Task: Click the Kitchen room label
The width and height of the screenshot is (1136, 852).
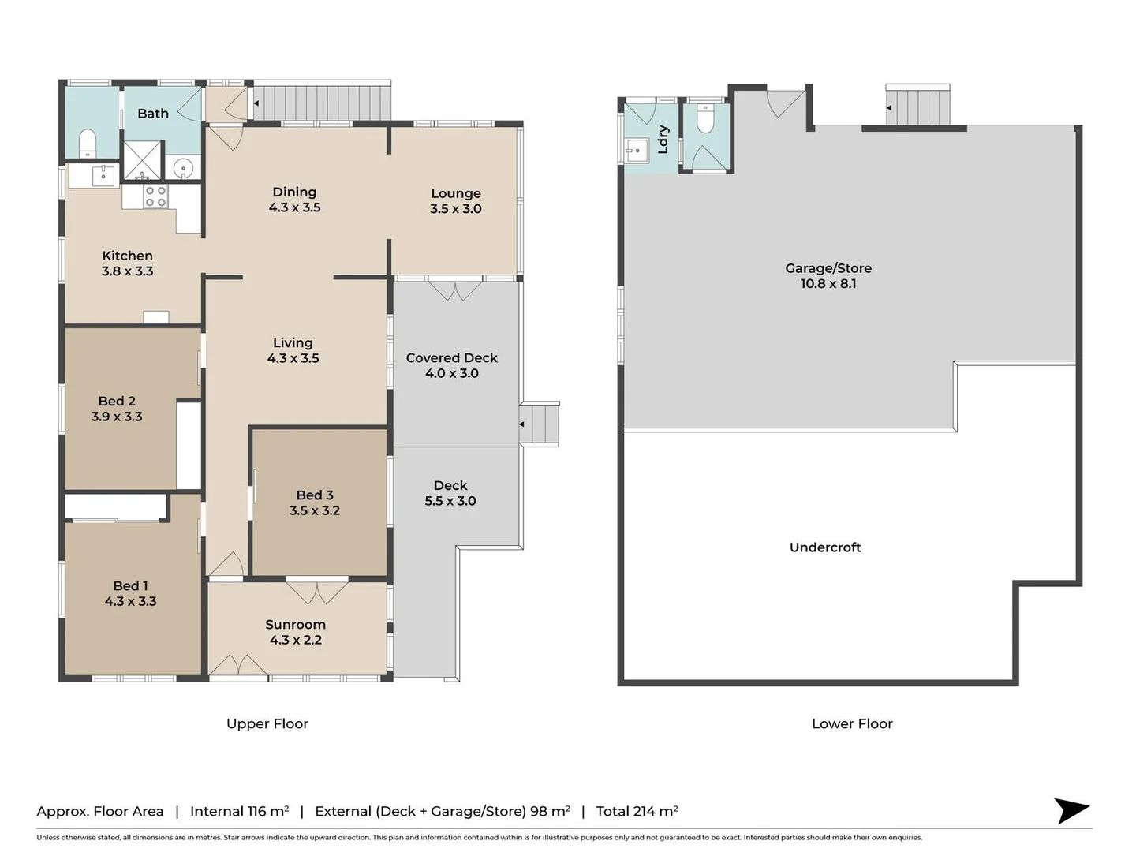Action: tap(127, 256)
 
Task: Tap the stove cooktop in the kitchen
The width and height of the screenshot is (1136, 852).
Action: tap(155, 196)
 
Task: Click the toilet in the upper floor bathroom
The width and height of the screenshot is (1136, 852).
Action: tap(87, 144)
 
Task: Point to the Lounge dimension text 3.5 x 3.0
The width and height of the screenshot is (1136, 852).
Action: tap(455, 209)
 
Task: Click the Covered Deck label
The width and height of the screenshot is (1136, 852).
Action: tap(451, 358)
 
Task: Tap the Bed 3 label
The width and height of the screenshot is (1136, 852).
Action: tap(314, 495)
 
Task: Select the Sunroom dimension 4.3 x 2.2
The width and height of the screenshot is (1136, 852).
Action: tap(295, 640)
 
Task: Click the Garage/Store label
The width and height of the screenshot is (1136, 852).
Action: tap(828, 268)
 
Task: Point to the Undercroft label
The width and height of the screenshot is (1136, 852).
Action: tap(824, 547)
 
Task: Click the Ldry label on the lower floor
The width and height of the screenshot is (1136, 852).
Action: tap(663, 139)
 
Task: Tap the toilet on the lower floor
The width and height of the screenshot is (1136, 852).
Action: tap(705, 119)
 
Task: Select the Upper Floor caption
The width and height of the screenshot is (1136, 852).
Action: tap(267, 723)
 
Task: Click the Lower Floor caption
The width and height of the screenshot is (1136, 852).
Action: tap(851, 723)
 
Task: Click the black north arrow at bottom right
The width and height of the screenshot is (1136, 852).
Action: tap(1071, 810)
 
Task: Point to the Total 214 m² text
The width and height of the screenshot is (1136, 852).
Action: tap(637, 811)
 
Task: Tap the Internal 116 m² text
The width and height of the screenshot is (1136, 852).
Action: tap(239, 811)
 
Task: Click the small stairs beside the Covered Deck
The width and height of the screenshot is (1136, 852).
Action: tap(541, 424)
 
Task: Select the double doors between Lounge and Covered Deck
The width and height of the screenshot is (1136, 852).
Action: tap(455, 289)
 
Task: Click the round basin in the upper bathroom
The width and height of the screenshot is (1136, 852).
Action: tap(183, 168)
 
